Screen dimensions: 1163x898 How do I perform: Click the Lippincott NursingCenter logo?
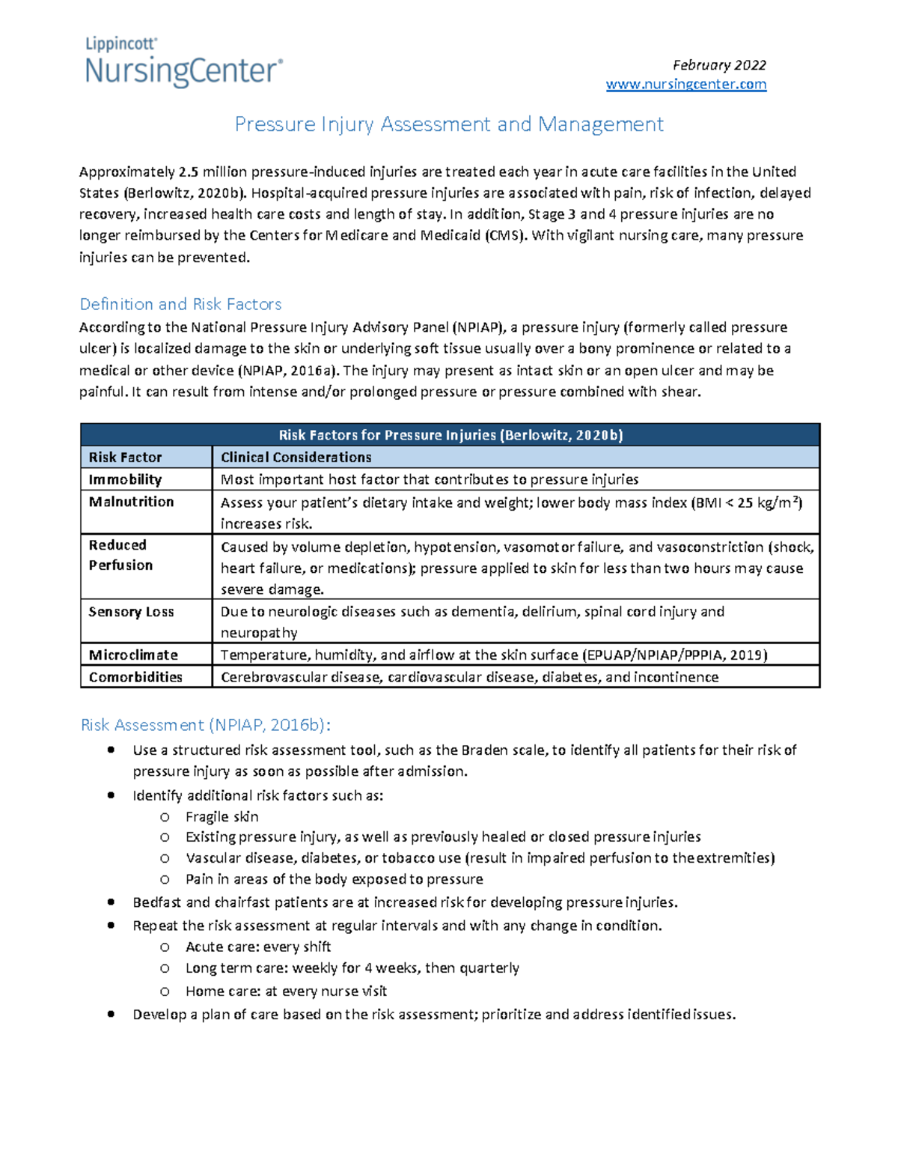point(183,63)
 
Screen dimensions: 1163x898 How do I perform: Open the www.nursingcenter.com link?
point(685,85)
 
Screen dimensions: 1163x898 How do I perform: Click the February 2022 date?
point(718,65)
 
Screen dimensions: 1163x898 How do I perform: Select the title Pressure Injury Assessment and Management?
point(449,124)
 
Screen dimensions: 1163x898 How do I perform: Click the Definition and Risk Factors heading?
point(180,304)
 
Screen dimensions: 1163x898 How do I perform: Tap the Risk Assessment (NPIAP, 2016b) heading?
point(205,725)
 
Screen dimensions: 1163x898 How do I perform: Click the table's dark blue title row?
point(450,435)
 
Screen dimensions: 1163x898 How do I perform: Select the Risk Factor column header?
point(125,458)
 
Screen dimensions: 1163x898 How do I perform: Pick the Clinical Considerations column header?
point(296,458)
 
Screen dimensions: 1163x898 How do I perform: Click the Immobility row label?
point(125,479)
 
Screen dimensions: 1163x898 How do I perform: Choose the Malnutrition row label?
point(131,502)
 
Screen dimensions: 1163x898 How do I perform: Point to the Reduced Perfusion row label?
point(120,555)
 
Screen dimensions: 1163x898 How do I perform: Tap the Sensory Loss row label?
point(131,612)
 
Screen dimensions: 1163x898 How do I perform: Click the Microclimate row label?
point(133,655)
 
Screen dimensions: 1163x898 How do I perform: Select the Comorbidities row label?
point(135,677)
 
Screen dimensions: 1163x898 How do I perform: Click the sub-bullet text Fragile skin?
point(222,817)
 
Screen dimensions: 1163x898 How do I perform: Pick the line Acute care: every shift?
point(258,947)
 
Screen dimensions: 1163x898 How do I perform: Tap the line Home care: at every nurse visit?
point(286,992)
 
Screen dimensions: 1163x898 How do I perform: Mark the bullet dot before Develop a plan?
point(111,1014)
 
